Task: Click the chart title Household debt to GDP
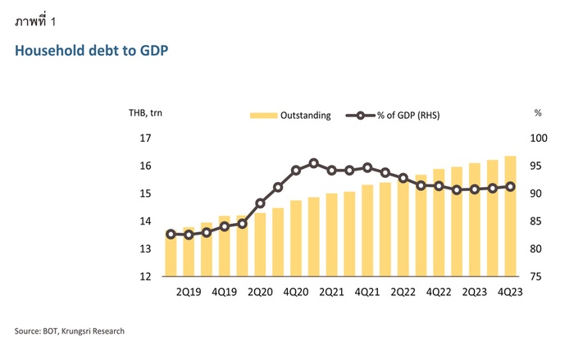point(91,52)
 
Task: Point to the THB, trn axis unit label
point(147,115)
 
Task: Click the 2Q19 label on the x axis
point(189,291)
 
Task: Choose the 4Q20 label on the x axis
point(296,291)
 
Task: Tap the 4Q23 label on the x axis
point(510,291)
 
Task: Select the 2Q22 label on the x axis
point(403,291)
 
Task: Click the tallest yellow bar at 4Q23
point(510,216)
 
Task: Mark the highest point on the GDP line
point(313,163)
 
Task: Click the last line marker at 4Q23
point(510,186)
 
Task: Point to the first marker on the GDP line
point(171,234)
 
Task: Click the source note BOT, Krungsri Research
point(69,331)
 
